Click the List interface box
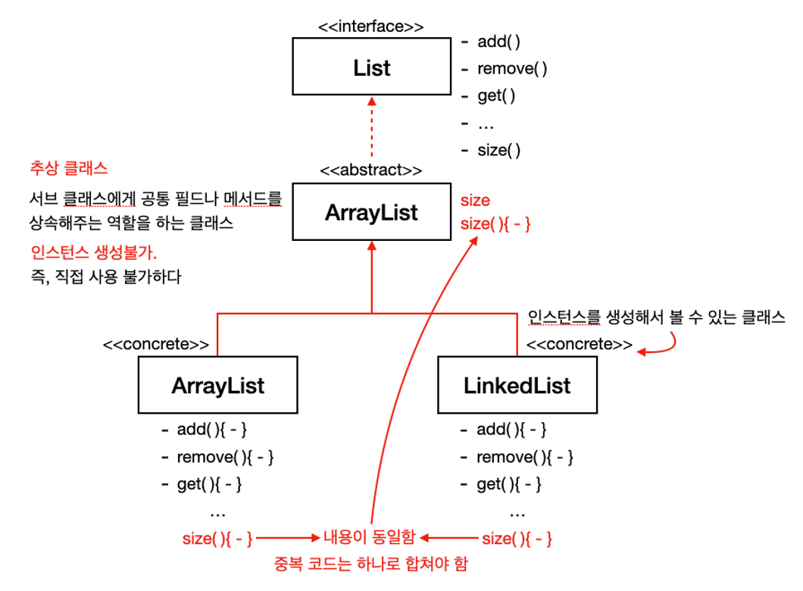(372, 66)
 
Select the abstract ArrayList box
(372, 211)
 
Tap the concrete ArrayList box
(217, 385)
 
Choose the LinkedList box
(517, 385)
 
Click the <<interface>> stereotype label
(370, 26)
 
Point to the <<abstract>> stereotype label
(370, 170)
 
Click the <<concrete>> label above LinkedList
(580, 344)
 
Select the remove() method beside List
(512, 69)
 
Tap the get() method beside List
(496, 95)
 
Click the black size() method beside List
(498, 150)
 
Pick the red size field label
(475, 200)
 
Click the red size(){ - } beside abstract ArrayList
(495, 224)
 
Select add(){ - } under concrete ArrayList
(211, 429)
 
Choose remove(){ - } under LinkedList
(525, 457)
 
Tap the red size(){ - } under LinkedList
(517, 539)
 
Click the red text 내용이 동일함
(369, 536)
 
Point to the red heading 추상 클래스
(69, 168)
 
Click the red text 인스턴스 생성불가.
(94, 252)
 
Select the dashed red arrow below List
(372, 127)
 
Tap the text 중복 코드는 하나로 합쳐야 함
(370, 564)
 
